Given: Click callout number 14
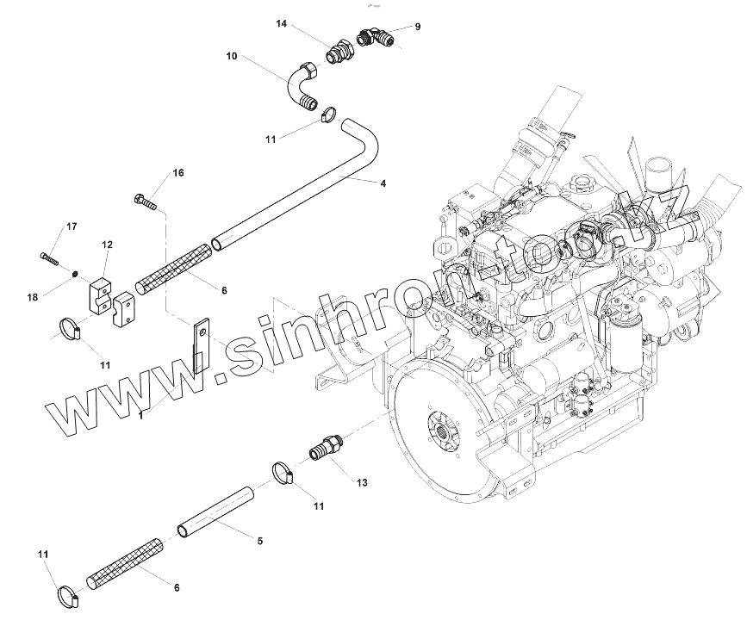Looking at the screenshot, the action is point(282,24).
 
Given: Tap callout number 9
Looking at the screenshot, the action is point(418,27).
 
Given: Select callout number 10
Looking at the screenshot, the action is point(232,56).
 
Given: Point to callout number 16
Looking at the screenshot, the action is point(178,173).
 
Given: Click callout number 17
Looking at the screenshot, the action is point(72,226).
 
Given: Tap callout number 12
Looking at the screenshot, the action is point(108,245).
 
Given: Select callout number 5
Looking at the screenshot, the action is point(260,541).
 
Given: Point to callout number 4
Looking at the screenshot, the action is point(383,183).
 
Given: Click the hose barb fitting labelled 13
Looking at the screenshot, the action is point(322,449).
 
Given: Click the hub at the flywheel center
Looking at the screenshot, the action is point(442,426).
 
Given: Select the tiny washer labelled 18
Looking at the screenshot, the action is point(76,275).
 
